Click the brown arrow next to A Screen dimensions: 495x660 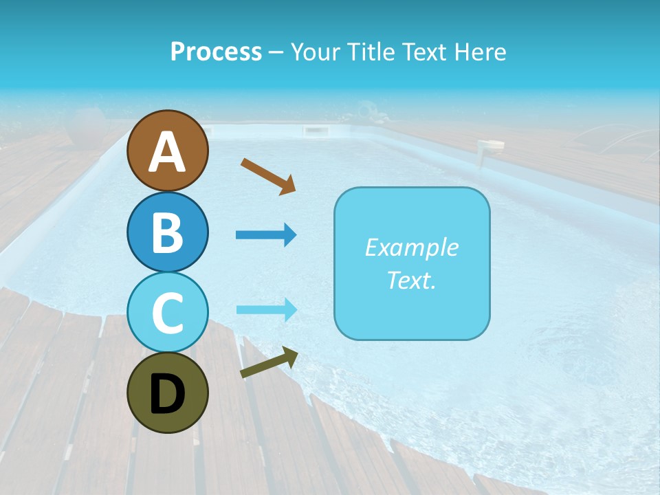(x=268, y=176)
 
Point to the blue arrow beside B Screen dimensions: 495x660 (x=266, y=235)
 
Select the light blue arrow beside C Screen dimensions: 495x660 (x=266, y=309)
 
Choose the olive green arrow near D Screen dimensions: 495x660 (x=269, y=363)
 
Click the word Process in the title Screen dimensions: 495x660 (x=216, y=52)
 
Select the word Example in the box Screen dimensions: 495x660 (x=411, y=247)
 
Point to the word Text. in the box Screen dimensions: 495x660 (x=411, y=280)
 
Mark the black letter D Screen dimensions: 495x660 (x=167, y=395)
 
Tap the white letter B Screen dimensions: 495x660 (x=167, y=232)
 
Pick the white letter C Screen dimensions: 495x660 (x=167, y=313)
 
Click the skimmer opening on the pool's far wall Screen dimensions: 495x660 (x=314, y=131)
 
